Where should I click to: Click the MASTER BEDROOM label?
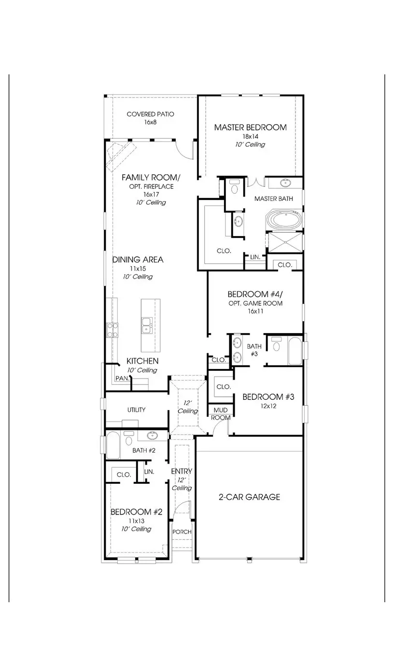pyautogui.click(x=250, y=127)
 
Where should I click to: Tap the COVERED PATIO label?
pyautogui.click(x=150, y=114)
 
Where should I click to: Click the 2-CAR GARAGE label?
pyautogui.click(x=249, y=497)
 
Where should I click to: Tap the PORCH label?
pyautogui.click(x=182, y=532)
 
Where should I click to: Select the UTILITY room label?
pyautogui.click(x=136, y=409)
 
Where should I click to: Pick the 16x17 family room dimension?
pyautogui.click(x=151, y=194)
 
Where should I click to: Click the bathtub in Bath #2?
pyautogui.click(x=113, y=445)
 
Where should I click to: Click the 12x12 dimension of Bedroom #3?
pyautogui.click(x=268, y=406)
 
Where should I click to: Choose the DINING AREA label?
pyautogui.click(x=138, y=259)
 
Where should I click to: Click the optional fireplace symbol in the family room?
pyautogui.click(x=118, y=155)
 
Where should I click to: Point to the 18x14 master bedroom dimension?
pyautogui.click(x=250, y=137)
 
